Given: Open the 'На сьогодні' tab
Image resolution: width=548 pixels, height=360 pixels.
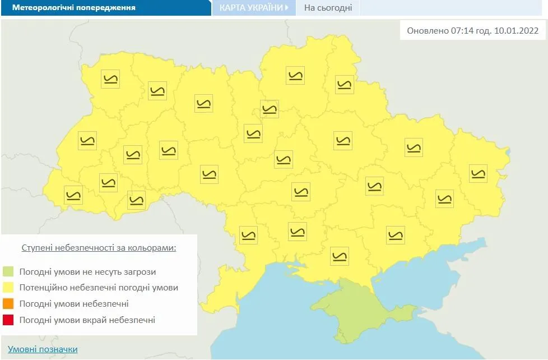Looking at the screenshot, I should (x=328, y=8).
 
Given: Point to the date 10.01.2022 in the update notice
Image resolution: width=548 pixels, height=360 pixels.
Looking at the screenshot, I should (x=516, y=31).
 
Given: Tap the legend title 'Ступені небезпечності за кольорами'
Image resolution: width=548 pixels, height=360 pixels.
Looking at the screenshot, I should (x=99, y=247).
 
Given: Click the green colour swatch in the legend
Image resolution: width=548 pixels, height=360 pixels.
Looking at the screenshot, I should (x=8, y=272).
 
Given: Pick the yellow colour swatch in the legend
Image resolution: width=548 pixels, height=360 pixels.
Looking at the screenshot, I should (x=8, y=288).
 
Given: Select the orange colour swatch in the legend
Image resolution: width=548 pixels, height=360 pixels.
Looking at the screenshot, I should (x=8, y=304).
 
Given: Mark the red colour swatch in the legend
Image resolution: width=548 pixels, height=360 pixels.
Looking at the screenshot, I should (x=8, y=320).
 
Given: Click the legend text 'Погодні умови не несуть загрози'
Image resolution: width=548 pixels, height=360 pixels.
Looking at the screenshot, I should (x=87, y=272).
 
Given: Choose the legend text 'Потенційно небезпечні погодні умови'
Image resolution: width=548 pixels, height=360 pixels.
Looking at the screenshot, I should (x=99, y=288).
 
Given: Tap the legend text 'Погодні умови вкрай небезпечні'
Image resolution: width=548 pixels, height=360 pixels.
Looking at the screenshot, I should (x=87, y=320).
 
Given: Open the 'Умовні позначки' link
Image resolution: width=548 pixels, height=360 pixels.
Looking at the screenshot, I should (x=43, y=349).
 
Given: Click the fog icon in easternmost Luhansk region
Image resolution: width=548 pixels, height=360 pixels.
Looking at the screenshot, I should (x=478, y=173).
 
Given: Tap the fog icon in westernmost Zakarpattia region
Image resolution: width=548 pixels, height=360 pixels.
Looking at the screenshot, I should (x=73, y=195).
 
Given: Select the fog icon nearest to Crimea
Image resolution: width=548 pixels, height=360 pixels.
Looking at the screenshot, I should (x=340, y=256).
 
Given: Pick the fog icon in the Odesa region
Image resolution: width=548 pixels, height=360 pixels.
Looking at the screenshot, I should (x=248, y=234).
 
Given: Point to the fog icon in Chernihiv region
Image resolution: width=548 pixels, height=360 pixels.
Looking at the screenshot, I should (x=295, y=75).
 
